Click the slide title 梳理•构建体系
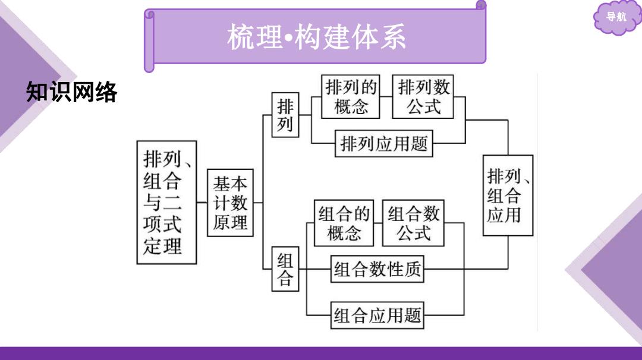pos(316,37)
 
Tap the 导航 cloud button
pos(616,17)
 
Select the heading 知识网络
pos(72,91)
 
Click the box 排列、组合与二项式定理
pos(166,203)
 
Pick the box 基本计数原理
pos(230,203)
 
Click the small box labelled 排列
pos(285,115)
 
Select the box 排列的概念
pos(351,97)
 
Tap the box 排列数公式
pos(423,97)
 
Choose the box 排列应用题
pos(383,144)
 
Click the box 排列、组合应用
pos(508,195)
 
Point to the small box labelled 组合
pos(285,269)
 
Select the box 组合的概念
pos(344,223)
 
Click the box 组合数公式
pos(413,223)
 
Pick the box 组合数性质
pos(377,269)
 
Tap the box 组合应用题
pos(377,315)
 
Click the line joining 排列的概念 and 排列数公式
pos(386,97)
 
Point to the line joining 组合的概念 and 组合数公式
pos(378,223)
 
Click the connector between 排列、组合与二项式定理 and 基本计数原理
pos(202,203)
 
